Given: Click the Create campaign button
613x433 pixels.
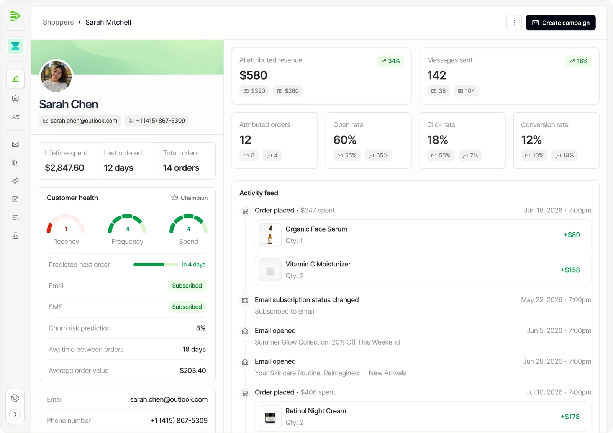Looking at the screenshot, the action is (560, 23).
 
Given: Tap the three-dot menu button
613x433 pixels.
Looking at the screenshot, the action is (514, 23).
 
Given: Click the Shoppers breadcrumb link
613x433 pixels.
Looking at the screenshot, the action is (58, 22).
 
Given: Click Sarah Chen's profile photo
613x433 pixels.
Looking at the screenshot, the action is (56, 76).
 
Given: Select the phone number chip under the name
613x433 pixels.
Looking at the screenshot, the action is (157, 121).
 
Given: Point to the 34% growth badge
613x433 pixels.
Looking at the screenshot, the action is (390, 61).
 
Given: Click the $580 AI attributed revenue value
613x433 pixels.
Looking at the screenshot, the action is (253, 75).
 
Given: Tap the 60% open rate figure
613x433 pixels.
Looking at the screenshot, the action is (344, 140).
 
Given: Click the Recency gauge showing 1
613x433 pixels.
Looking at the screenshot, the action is (66, 224).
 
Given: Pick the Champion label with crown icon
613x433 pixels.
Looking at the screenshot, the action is (189, 198).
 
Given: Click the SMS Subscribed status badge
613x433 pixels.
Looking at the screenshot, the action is (187, 307).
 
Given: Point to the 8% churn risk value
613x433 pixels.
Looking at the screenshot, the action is (201, 328).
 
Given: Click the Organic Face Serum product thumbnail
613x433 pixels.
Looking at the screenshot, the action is (270, 235).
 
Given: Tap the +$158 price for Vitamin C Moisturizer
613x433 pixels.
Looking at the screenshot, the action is (570, 270).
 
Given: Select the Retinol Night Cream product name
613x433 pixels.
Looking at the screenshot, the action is (316, 411).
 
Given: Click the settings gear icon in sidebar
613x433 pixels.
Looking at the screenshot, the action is (15, 398).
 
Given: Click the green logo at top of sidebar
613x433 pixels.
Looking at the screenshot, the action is (15, 16).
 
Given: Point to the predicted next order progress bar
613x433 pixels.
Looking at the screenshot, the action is (156, 265).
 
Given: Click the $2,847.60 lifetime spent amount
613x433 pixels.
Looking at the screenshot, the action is (65, 168).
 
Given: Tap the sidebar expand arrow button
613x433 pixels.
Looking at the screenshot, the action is (15, 415).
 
